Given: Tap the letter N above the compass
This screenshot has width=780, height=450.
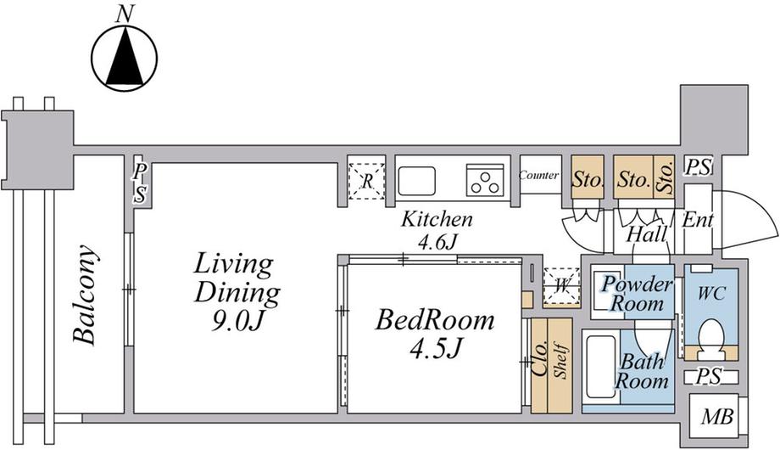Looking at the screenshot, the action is [x=125, y=14].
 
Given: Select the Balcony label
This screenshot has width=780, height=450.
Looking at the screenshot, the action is [x=84, y=295].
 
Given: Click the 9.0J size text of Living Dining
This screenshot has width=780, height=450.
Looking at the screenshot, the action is [x=237, y=323].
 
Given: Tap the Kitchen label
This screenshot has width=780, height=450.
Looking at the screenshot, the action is [x=437, y=219].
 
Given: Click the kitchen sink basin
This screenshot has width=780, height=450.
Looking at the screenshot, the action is [x=417, y=181].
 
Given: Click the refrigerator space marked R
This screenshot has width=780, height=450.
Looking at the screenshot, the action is [x=366, y=181].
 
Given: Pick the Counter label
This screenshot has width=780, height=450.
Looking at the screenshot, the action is [x=538, y=176].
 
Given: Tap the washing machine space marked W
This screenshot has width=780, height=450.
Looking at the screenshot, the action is [x=561, y=286].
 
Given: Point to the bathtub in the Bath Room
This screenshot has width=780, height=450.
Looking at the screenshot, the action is [x=601, y=368].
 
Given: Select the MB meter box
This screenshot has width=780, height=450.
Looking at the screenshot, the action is [x=716, y=417].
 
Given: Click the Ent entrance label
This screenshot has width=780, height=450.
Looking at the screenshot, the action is [x=698, y=220].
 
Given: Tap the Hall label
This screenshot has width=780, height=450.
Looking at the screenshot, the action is [x=646, y=234].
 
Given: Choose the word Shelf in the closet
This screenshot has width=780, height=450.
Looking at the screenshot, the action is [x=560, y=361].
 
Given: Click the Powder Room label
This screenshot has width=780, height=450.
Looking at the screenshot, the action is [x=638, y=294].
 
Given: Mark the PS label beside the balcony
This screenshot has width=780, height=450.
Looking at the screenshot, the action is [x=140, y=183].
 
